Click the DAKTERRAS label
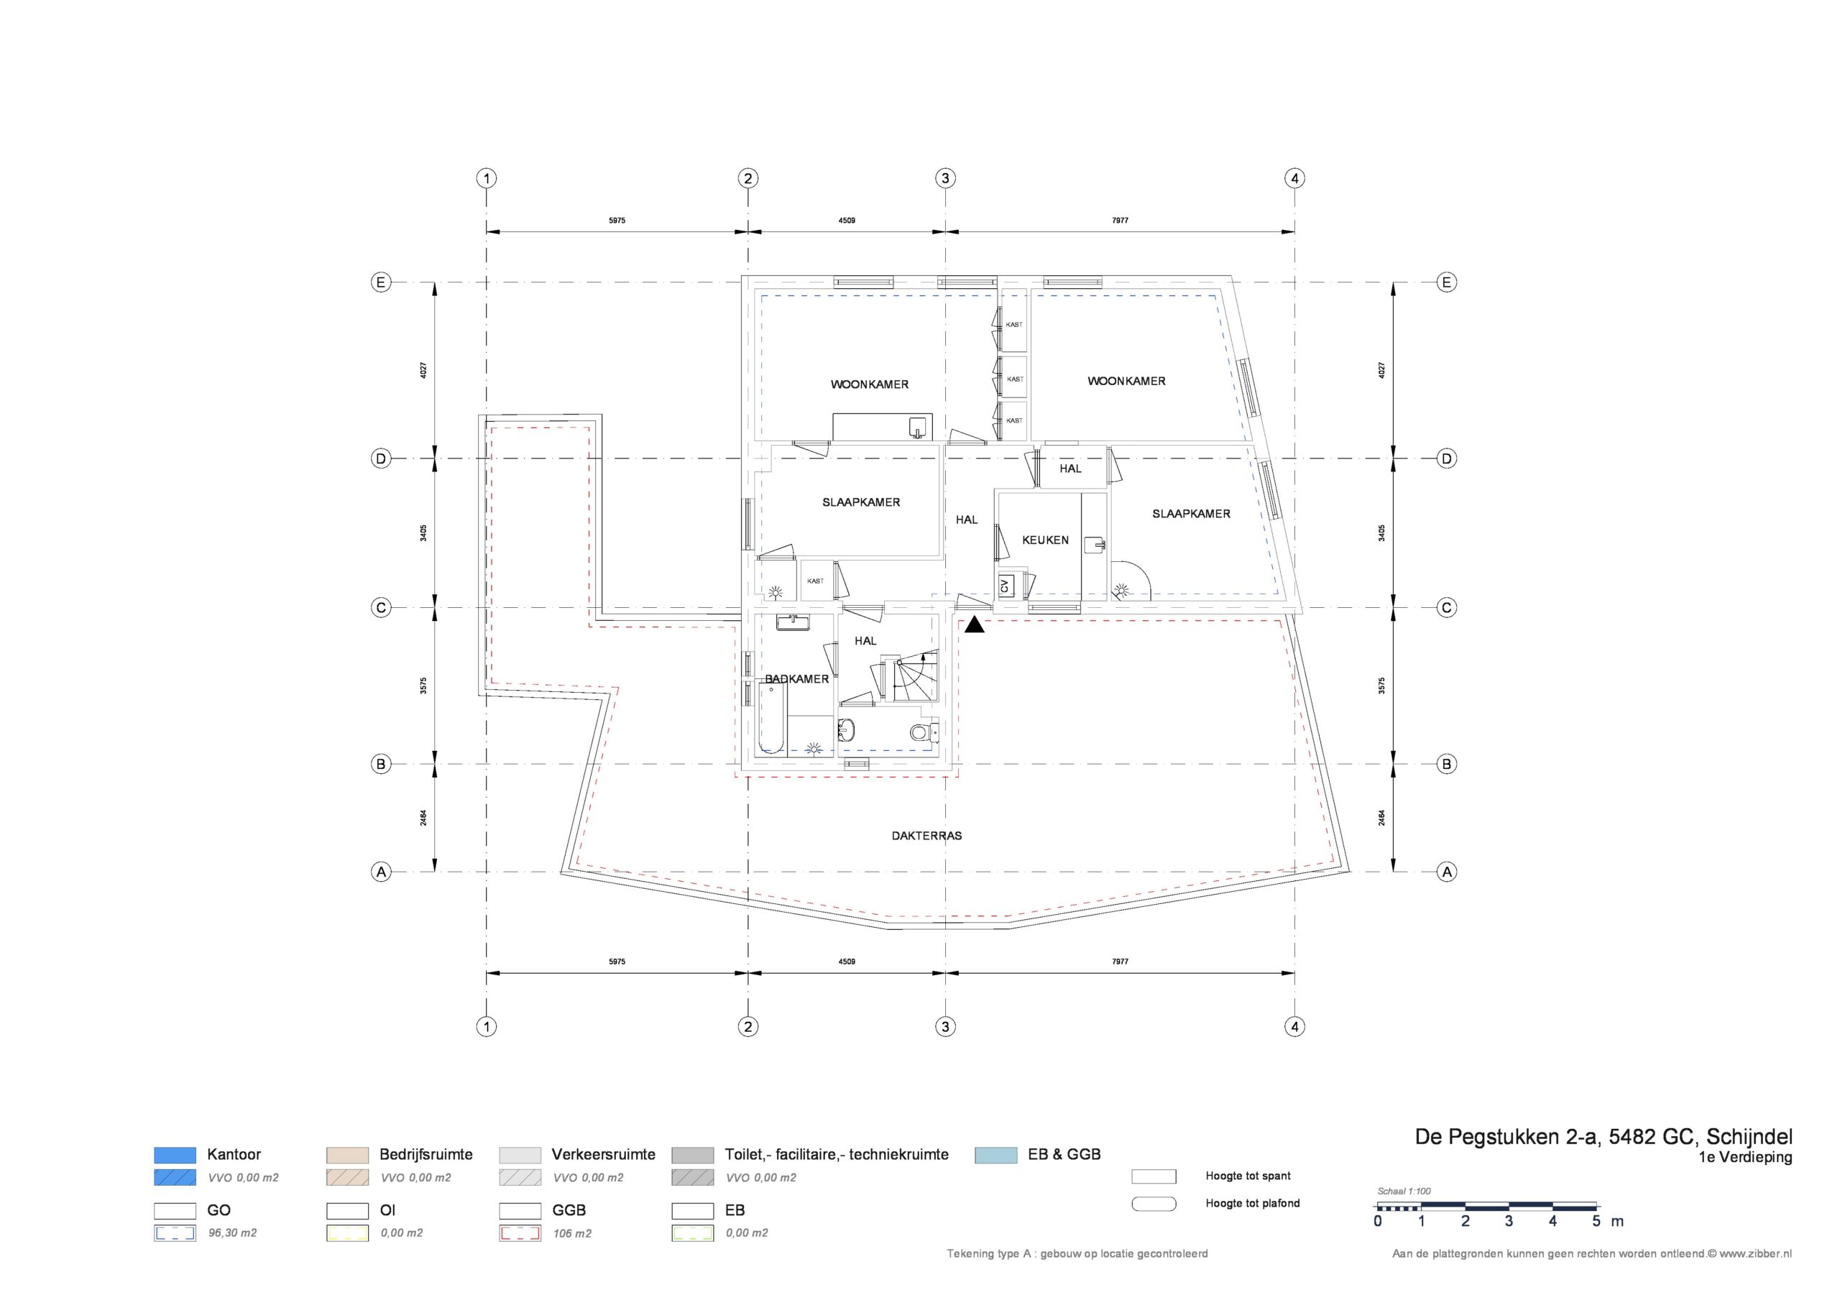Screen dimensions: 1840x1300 pos(926,835)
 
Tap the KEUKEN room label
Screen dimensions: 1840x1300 pos(1045,540)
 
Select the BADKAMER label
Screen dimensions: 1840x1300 pos(796,679)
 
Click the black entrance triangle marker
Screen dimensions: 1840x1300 pos(975,624)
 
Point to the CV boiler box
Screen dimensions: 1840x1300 pos(1005,586)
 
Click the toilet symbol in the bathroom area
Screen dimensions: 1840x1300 pos(924,731)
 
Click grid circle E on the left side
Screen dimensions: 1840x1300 pos(381,282)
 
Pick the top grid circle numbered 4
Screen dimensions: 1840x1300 pos(1295,178)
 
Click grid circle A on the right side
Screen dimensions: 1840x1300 pos(1447,871)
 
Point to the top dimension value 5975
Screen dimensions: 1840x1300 pos(617,221)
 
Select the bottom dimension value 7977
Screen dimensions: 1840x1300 pos(1121,961)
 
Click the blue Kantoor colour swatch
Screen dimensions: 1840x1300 pos(175,1155)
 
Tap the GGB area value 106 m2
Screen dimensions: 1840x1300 pos(572,1233)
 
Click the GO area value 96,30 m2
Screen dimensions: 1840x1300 pos(232,1232)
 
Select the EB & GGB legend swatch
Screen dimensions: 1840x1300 pos(996,1155)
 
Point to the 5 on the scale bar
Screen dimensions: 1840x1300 pos(1596,1222)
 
